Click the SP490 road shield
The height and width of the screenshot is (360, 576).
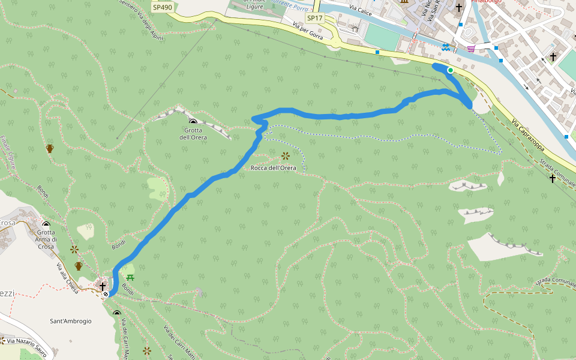pos(162,7)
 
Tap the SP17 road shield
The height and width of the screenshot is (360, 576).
pos(314,18)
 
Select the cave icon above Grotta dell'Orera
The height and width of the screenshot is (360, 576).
pos(193,122)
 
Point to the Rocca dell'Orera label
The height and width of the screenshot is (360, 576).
pos(274,168)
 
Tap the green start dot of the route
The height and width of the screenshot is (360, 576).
pos(450,70)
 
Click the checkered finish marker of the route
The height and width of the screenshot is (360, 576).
pos(106,294)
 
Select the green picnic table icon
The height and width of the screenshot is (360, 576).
pos(130,277)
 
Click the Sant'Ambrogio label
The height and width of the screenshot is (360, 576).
pos(71,321)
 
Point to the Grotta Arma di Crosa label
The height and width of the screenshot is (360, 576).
pos(46,239)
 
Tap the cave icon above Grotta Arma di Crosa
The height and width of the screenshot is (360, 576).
pos(46,225)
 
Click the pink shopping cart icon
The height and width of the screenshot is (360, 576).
pos(472,49)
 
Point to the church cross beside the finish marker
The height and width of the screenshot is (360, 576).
pos(103,286)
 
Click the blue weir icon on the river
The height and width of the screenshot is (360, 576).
pos(445,47)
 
